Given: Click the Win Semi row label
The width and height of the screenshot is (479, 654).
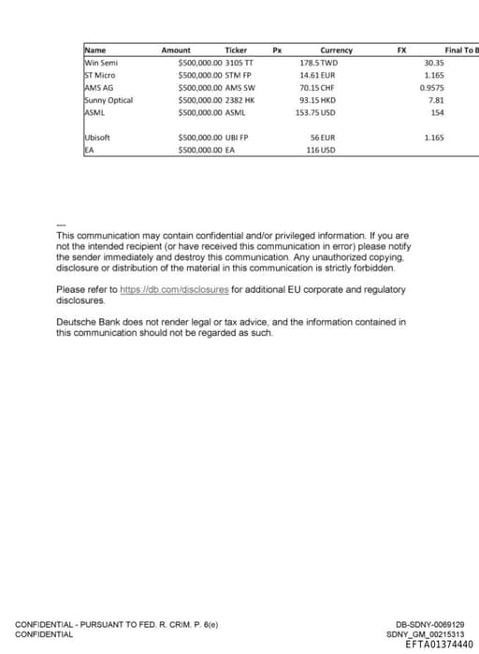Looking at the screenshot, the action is click(101, 62).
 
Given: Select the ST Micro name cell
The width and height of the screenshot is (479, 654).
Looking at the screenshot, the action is click(100, 74).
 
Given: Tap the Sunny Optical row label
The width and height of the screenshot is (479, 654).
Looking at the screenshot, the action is click(109, 99).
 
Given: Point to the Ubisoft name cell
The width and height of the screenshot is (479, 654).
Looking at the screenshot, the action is click(97, 138).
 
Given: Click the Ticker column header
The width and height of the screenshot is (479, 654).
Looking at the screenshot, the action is click(236, 50).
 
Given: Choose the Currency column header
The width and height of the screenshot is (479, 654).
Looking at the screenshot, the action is click(336, 50).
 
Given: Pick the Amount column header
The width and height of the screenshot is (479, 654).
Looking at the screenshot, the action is click(176, 50).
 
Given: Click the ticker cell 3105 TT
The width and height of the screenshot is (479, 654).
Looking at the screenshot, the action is click(239, 62).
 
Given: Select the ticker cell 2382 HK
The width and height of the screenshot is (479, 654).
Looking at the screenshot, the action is click(240, 99).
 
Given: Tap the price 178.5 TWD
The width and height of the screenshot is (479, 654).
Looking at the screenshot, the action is click(317, 62).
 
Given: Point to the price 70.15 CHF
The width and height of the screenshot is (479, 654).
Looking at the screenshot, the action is click(317, 87).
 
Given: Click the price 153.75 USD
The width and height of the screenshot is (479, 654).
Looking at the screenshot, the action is click(315, 112).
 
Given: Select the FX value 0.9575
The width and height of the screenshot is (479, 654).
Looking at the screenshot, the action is click(432, 87).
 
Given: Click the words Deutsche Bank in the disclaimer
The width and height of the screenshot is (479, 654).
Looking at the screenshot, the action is click(88, 322).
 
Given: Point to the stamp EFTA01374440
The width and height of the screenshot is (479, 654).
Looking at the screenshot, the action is click(439, 644).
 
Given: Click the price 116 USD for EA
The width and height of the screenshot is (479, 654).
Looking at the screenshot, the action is click(321, 150).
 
